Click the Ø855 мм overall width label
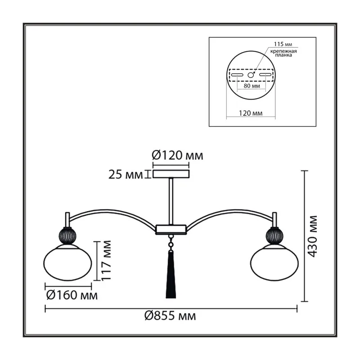(x=170, y=316)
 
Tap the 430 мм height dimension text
(x=312, y=236)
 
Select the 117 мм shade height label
(x=106, y=261)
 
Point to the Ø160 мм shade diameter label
(x=72, y=295)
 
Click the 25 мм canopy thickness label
(x=126, y=175)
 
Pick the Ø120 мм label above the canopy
(x=177, y=155)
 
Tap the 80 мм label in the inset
(x=252, y=86)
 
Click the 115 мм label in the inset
(x=283, y=44)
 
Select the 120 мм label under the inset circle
(x=251, y=113)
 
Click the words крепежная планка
(x=283, y=53)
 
